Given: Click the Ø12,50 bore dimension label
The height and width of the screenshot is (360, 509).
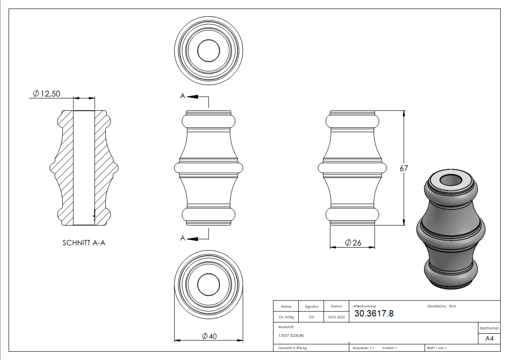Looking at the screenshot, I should pos(47,94).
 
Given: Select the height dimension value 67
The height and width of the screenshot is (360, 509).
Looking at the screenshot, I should pos(404,168).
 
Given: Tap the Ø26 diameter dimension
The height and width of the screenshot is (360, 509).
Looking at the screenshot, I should pos(353,243).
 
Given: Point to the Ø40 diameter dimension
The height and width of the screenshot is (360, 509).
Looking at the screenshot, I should pos(209,336).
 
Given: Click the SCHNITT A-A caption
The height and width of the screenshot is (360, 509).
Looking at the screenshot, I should pos(84,243).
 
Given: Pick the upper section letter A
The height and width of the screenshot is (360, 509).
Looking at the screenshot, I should pos(183,96).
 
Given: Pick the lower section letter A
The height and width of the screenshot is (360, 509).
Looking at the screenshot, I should pos(183,238).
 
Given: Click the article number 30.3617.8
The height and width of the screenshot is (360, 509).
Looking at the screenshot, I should pos(373,313).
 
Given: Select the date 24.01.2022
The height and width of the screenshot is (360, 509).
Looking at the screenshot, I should pos(336,317).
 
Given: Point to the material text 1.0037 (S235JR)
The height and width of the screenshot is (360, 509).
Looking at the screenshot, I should pos(291,335).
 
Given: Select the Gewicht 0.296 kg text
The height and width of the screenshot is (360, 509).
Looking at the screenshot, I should pos(293,348).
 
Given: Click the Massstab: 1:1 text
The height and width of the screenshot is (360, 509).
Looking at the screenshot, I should pos(364,348).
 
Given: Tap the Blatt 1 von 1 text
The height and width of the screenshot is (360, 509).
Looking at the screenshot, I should pos(437,348).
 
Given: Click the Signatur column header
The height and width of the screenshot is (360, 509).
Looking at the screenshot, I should pos(311,306).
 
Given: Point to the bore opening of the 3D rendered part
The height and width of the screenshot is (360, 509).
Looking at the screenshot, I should pos(451,180).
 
